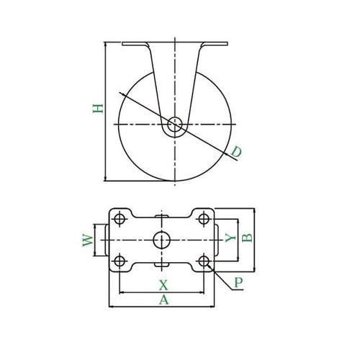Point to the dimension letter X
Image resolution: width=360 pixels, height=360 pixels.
click(x=163, y=284)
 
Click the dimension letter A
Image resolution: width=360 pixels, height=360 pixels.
click(x=163, y=300)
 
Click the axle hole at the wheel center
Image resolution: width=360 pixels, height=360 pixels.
click(x=174, y=125)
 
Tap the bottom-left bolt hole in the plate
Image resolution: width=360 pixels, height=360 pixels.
click(x=120, y=259)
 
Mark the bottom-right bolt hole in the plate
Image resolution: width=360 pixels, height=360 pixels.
click(x=204, y=259)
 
